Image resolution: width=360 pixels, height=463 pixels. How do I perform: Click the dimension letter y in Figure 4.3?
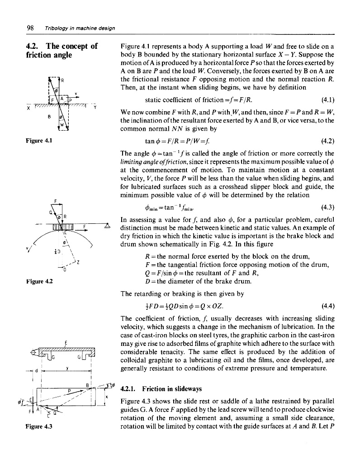pos(66,368)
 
